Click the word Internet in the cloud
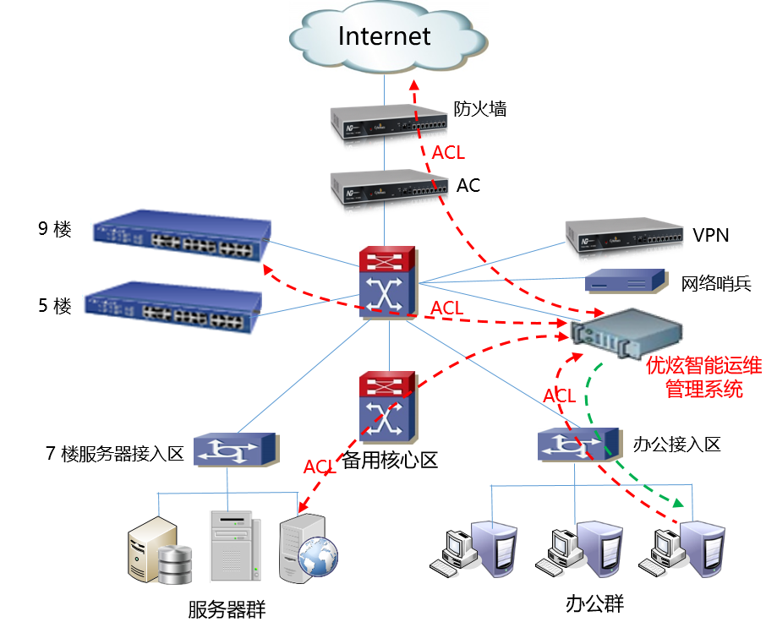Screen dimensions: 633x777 [385, 36]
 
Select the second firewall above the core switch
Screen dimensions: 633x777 [388, 191]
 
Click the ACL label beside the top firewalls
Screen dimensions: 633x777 [448, 153]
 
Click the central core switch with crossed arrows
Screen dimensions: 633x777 [388, 284]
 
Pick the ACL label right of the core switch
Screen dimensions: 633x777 [447, 308]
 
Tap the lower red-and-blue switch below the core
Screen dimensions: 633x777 [388, 407]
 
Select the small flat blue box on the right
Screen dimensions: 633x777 [626, 280]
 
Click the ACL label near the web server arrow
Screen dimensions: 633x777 [320, 467]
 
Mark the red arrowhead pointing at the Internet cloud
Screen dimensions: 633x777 [413, 85]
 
